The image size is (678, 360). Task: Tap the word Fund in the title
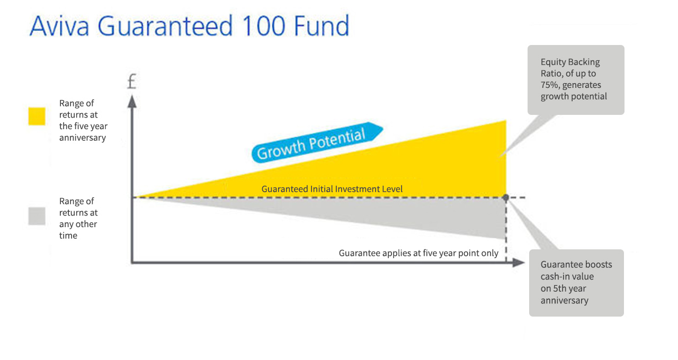[x=323, y=26]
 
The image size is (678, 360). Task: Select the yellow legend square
[x=37, y=116]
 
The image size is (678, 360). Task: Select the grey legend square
[x=37, y=216]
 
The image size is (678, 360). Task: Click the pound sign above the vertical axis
[x=132, y=82]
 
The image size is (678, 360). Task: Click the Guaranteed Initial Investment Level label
[x=332, y=189]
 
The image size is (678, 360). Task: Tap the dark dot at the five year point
[x=506, y=197]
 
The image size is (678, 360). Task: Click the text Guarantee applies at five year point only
[x=418, y=253]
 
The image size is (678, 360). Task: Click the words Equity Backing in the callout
[x=570, y=62]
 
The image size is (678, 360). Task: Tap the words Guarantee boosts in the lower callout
[x=576, y=265]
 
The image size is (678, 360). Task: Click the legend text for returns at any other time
[x=78, y=218]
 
